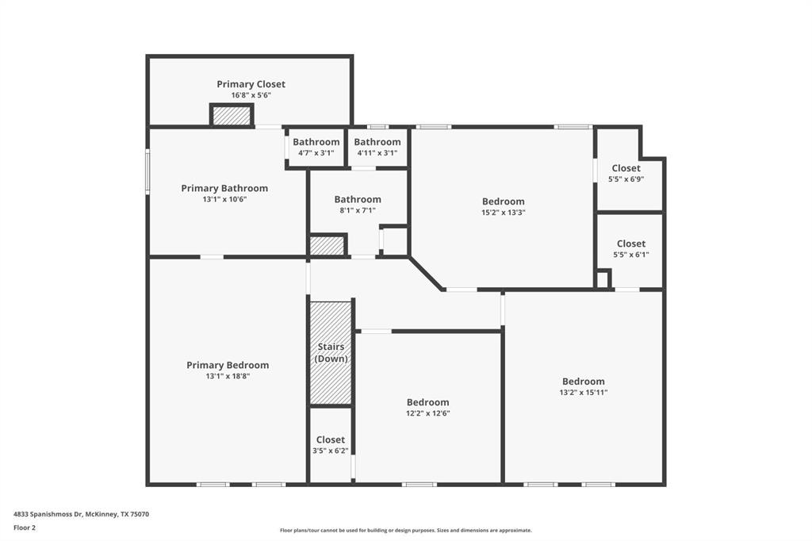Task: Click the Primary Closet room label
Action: point(251,84)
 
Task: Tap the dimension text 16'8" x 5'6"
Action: point(251,95)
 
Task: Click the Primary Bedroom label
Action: point(228,365)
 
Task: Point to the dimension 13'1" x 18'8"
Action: point(228,377)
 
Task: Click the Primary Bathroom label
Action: point(224,188)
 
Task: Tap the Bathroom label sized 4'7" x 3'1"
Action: point(316,142)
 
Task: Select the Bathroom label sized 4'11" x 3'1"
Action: point(377,142)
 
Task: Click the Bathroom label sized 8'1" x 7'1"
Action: point(358,199)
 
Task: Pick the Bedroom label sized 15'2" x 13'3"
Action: point(504,201)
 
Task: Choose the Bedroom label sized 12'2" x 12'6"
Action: point(428,402)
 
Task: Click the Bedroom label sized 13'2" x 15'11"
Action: point(584,382)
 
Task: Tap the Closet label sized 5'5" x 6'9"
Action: point(626,168)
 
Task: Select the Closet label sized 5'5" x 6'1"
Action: point(630,244)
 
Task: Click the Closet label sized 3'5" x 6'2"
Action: point(331,439)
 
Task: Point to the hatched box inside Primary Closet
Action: point(232,116)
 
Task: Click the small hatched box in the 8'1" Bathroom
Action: point(327,245)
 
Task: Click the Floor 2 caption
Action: point(25,528)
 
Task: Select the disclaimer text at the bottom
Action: point(405,531)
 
